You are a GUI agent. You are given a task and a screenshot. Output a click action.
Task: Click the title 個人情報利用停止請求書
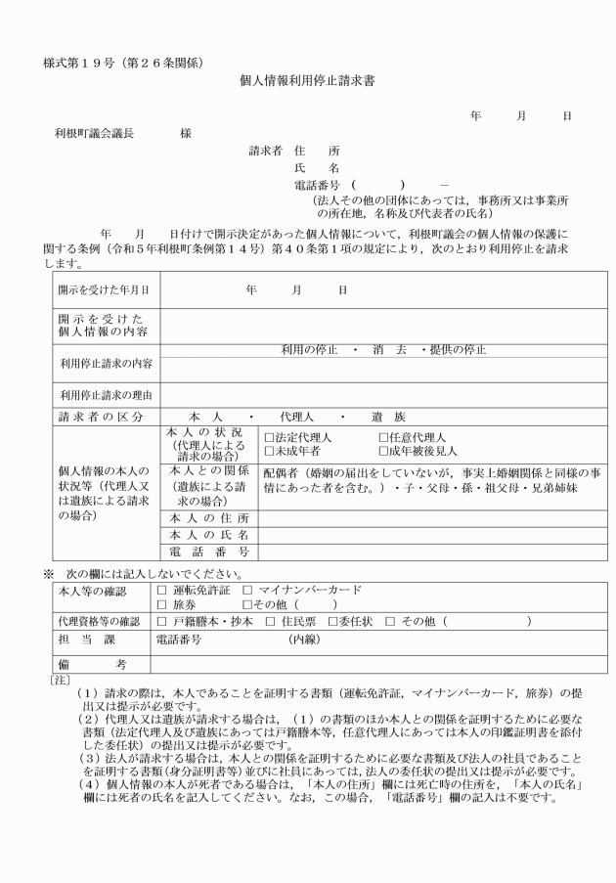click(x=308, y=84)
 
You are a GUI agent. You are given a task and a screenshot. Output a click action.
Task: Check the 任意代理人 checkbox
click(x=384, y=437)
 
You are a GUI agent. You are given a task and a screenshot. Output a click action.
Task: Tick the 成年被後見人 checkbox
click(x=384, y=451)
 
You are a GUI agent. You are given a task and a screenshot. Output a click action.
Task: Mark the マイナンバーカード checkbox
click(x=246, y=590)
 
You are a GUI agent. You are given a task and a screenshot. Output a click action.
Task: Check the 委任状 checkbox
click(x=334, y=621)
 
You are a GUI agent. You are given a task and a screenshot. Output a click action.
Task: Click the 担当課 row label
click(x=98, y=640)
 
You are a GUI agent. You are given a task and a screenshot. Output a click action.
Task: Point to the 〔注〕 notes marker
click(x=60, y=678)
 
